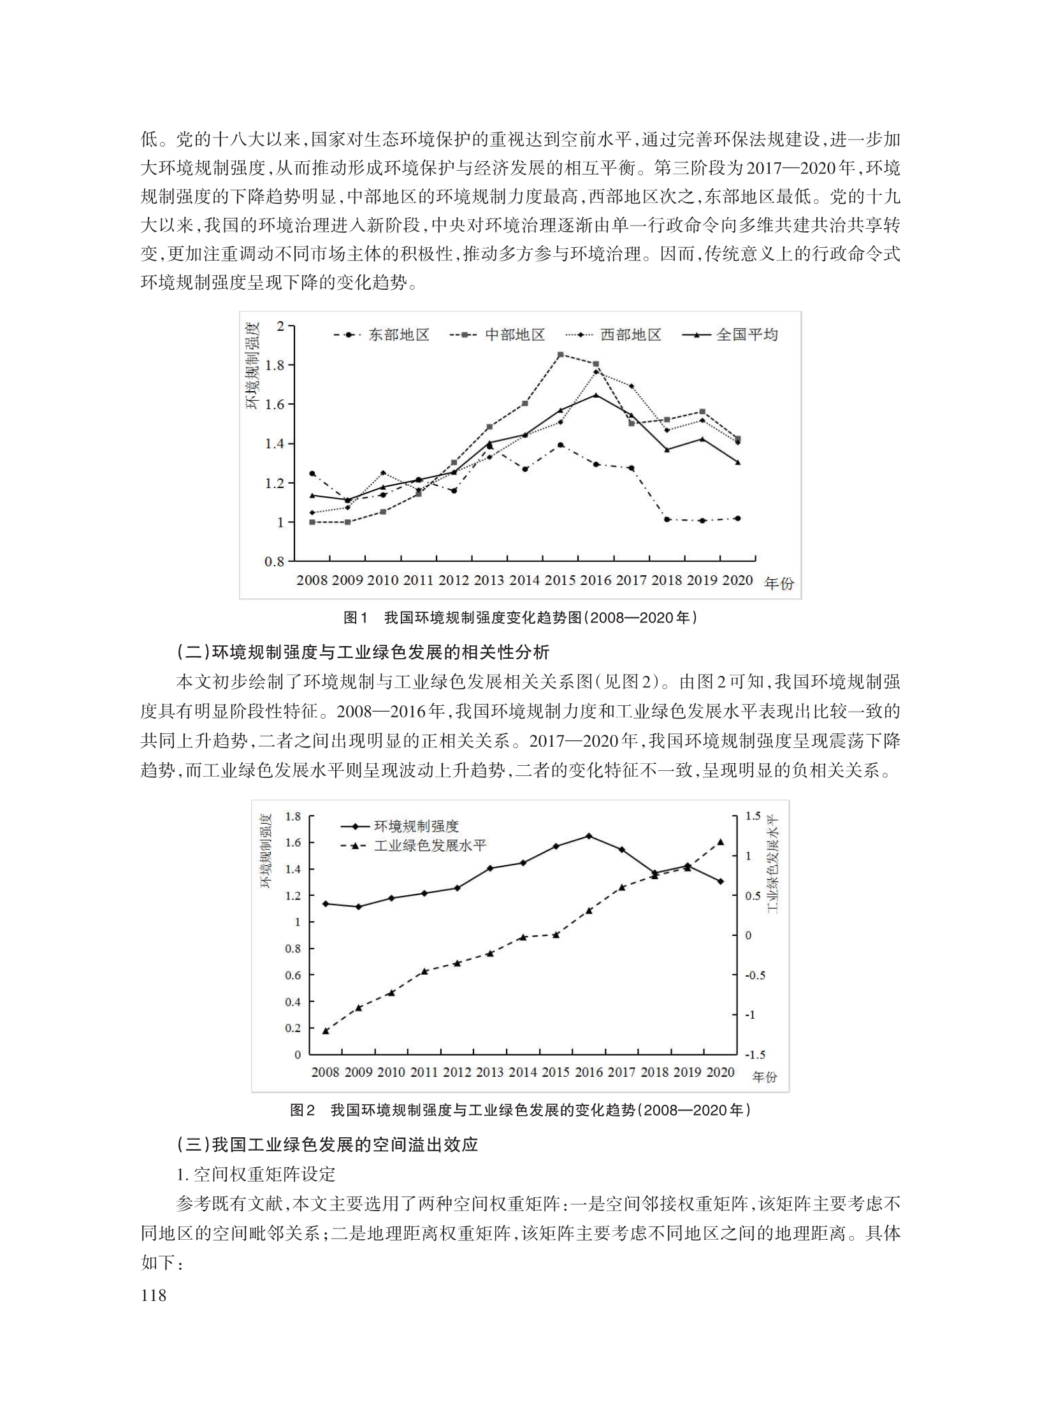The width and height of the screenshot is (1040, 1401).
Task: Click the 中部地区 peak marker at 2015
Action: pos(560,354)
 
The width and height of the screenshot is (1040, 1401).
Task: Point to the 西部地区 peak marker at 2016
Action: pos(596,372)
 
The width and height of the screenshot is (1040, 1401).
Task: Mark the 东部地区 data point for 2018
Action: pos(667,519)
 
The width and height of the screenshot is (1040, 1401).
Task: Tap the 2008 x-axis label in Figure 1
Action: pos(312,580)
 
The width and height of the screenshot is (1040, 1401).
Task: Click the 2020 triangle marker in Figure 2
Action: pos(721,842)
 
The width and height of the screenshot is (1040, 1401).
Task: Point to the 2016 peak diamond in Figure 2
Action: pos(588,836)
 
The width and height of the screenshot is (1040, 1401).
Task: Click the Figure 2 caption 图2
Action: pos(302,1110)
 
